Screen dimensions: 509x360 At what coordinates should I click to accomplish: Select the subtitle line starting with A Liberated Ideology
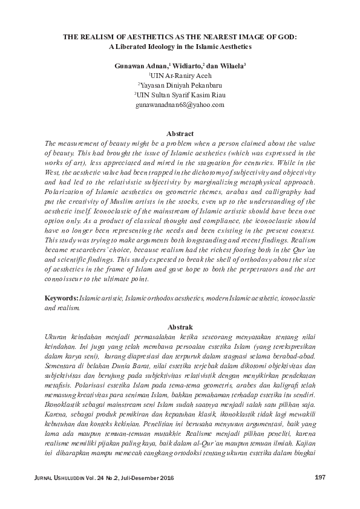pyautogui.click(x=180, y=46)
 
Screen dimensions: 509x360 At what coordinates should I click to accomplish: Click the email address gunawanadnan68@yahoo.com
pyautogui.click(x=180, y=105)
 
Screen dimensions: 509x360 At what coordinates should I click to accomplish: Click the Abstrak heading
pyautogui.click(x=180, y=325)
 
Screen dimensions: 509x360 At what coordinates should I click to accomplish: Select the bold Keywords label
pyautogui.click(x=61, y=299)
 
